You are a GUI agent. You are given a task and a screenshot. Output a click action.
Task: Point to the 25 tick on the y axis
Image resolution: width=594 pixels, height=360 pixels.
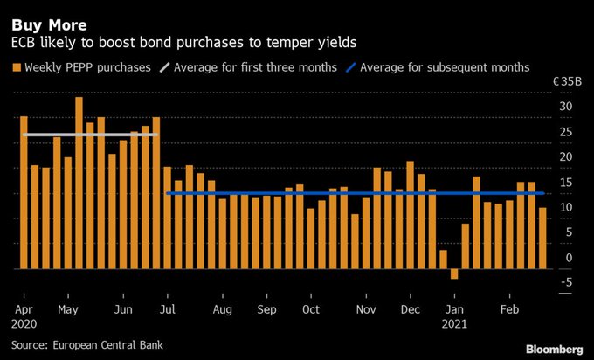(x=566, y=132)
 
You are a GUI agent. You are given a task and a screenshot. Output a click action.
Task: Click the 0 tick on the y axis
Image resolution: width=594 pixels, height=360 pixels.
(x=569, y=257)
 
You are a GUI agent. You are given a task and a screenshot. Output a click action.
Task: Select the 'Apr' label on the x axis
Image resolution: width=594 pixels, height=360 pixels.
(x=24, y=309)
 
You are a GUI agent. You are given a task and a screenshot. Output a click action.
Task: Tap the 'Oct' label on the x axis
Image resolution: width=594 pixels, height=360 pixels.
(x=309, y=309)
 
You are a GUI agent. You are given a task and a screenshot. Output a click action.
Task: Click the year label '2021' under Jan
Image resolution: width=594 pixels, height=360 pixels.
(x=455, y=324)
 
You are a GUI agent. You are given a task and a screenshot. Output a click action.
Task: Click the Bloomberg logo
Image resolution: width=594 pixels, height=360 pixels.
(x=555, y=349)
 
